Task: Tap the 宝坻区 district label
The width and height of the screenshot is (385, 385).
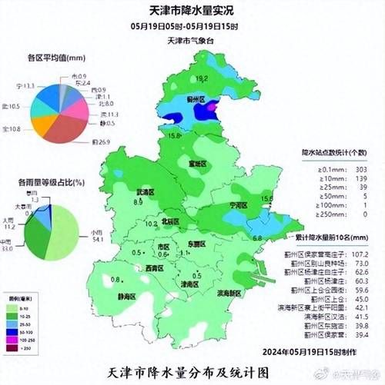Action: coord(199,164)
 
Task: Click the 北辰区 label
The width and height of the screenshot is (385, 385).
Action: coord(171,221)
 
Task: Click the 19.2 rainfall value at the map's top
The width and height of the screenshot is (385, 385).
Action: coord(203,79)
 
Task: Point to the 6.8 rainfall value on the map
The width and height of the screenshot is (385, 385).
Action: coord(258,237)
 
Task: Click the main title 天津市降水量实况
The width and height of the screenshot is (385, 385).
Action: coord(192,10)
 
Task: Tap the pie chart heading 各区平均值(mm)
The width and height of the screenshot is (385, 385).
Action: coord(55,58)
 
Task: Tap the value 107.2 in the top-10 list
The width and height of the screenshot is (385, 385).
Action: coord(360,254)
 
